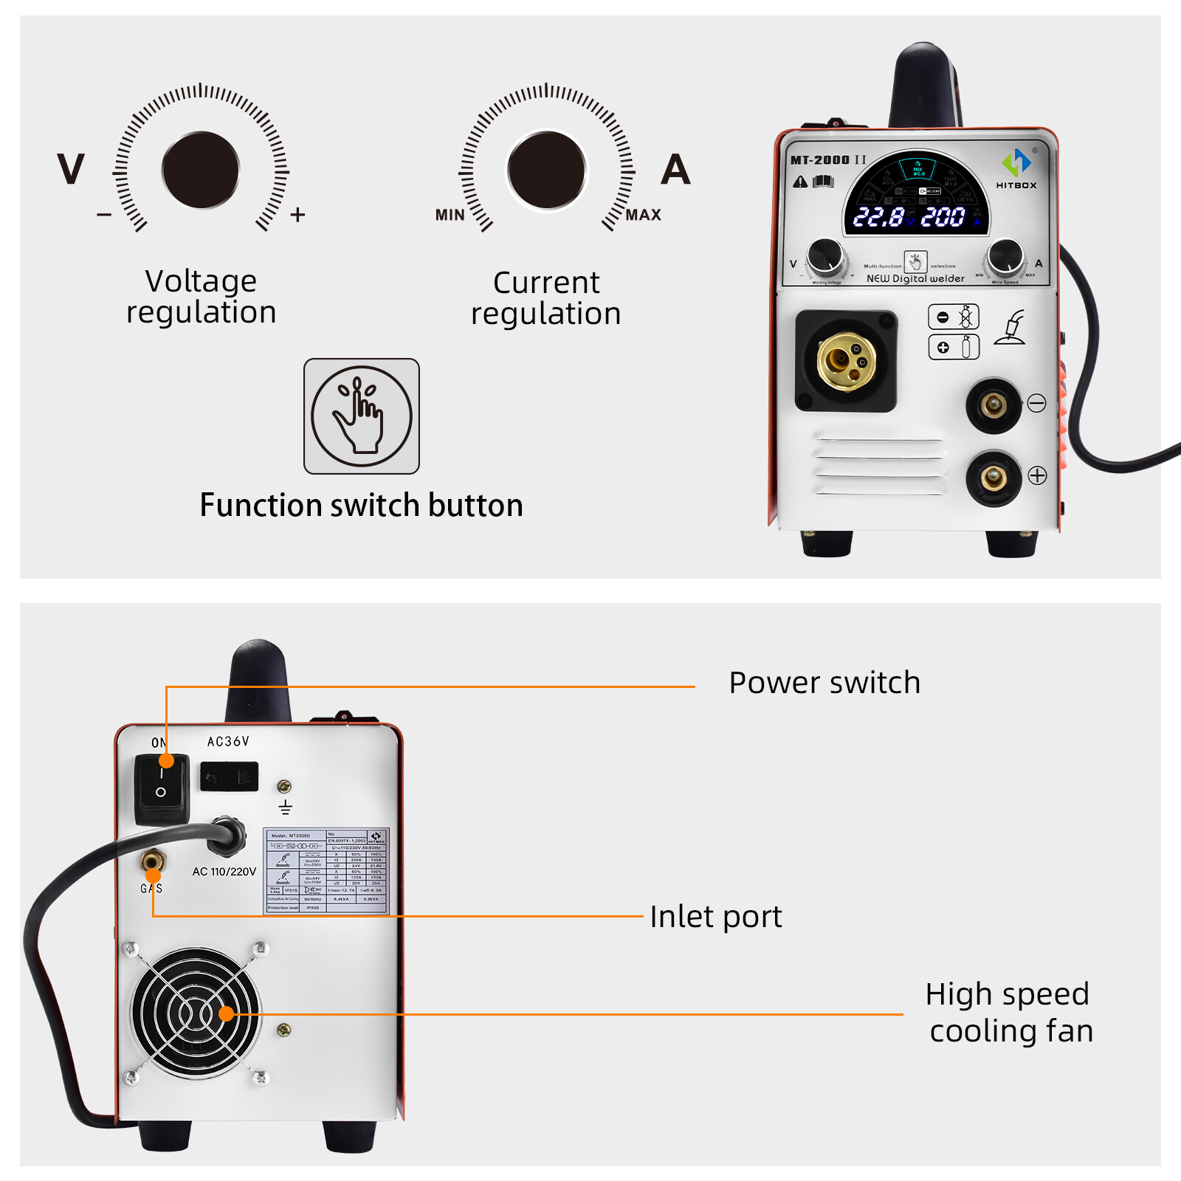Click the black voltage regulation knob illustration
pyautogui.click(x=201, y=171)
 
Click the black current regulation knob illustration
pyautogui.click(x=546, y=171)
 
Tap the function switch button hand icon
pyautogui.click(x=361, y=416)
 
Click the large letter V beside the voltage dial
pyautogui.click(x=71, y=170)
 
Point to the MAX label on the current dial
pyautogui.click(x=643, y=215)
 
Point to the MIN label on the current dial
pyautogui.click(x=450, y=215)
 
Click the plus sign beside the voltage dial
pyautogui.click(x=297, y=215)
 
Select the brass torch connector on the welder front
pyautogui.click(x=846, y=362)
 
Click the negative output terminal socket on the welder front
pyautogui.click(x=994, y=404)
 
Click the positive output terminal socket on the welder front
pyautogui.click(x=994, y=478)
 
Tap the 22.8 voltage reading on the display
pyautogui.click(x=878, y=217)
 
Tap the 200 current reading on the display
pyautogui.click(x=943, y=217)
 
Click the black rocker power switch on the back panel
pyautogui.click(x=161, y=788)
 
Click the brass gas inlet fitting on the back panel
pyautogui.click(x=152, y=861)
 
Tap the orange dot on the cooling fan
pyautogui.click(x=227, y=1014)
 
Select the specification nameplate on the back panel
pyautogui.click(x=326, y=871)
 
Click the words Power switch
pyautogui.click(x=824, y=683)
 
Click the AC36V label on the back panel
pyautogui.click(x=228, y=741)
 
